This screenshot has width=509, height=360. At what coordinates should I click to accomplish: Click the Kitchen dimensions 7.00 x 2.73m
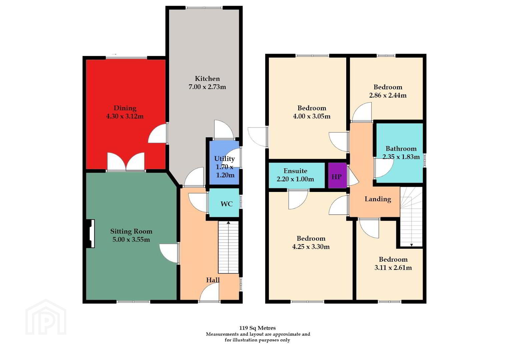click(x=207, y=87)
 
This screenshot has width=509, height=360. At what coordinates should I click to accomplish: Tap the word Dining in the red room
click(x=125, y=108)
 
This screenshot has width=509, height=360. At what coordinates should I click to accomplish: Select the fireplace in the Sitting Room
click(x=90, y=233)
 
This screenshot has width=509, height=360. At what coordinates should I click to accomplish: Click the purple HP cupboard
click(x=338, y=175)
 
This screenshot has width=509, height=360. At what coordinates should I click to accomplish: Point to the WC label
click(x=226, y=204)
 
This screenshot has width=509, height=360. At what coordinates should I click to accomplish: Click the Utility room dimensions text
click(x=225, y=171)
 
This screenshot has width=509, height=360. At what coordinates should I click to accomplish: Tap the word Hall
click(x=213, y=280)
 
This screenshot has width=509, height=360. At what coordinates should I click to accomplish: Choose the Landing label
click(x=378, y=199)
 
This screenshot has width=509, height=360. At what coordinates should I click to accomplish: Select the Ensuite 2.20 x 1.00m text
click(x=296, y=175)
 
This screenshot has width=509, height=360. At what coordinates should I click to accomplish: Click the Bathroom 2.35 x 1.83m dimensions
click(x=401, y=157)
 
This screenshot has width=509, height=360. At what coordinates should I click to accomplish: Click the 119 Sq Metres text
click(x=258, y=328)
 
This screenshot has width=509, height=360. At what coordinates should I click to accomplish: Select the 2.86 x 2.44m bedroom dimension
click(x=388, y=95)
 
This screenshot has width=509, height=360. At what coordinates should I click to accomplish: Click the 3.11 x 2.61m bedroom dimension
click(x=393, y=268)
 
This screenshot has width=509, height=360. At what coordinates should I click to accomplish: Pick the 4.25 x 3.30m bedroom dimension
click(x=311, y=247)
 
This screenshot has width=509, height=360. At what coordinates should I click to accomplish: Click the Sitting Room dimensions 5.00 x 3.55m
click(x=131, y=240)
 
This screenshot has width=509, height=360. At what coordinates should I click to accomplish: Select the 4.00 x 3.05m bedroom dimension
click(x=312, y=116)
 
